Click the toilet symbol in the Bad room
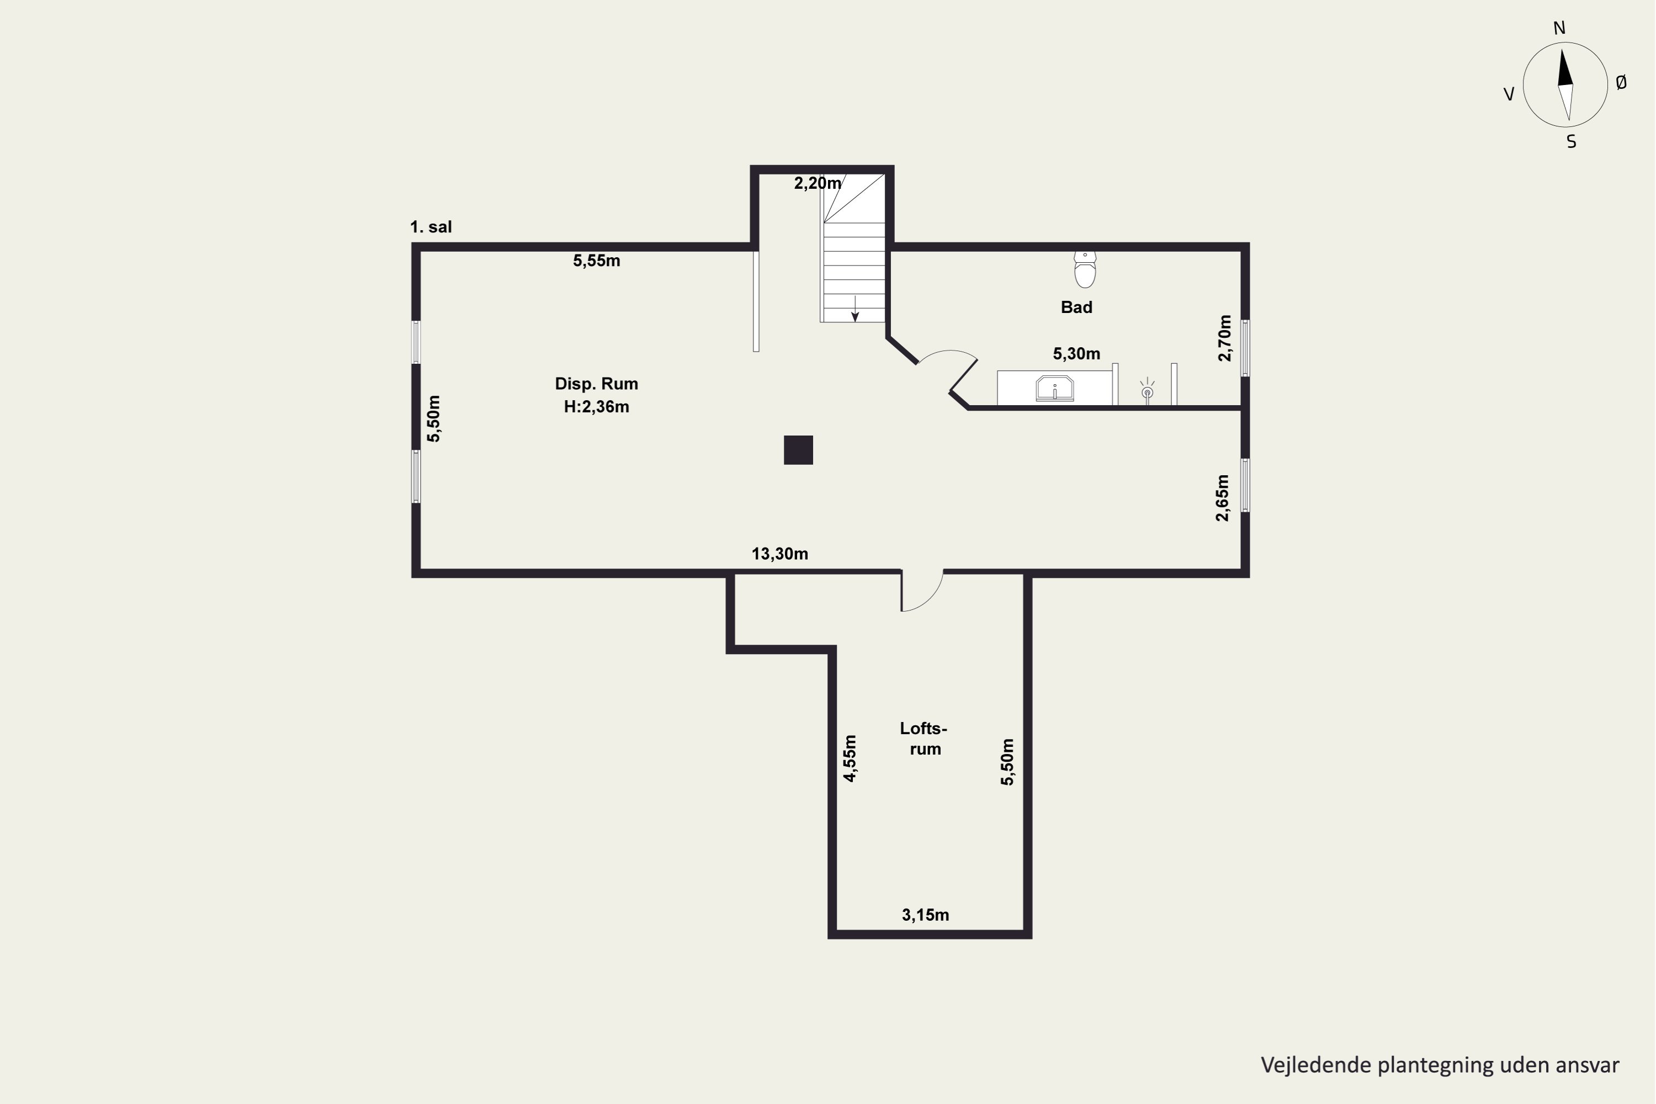(1085, 270)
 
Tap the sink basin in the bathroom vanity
(1055, 389)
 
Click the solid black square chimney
(798, 450)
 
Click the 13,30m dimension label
(779, 554)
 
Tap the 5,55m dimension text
(596, 261)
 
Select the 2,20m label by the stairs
(818, 183)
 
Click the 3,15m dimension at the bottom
(925, 915)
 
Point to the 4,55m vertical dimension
(850, 758)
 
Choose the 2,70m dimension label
(1225, 338)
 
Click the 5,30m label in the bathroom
(1076, 353)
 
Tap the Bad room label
(1076, 307)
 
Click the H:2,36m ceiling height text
(596, 407)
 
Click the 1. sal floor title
(431, 227)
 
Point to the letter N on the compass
(1559, 28)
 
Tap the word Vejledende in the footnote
(1317, 1065)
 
